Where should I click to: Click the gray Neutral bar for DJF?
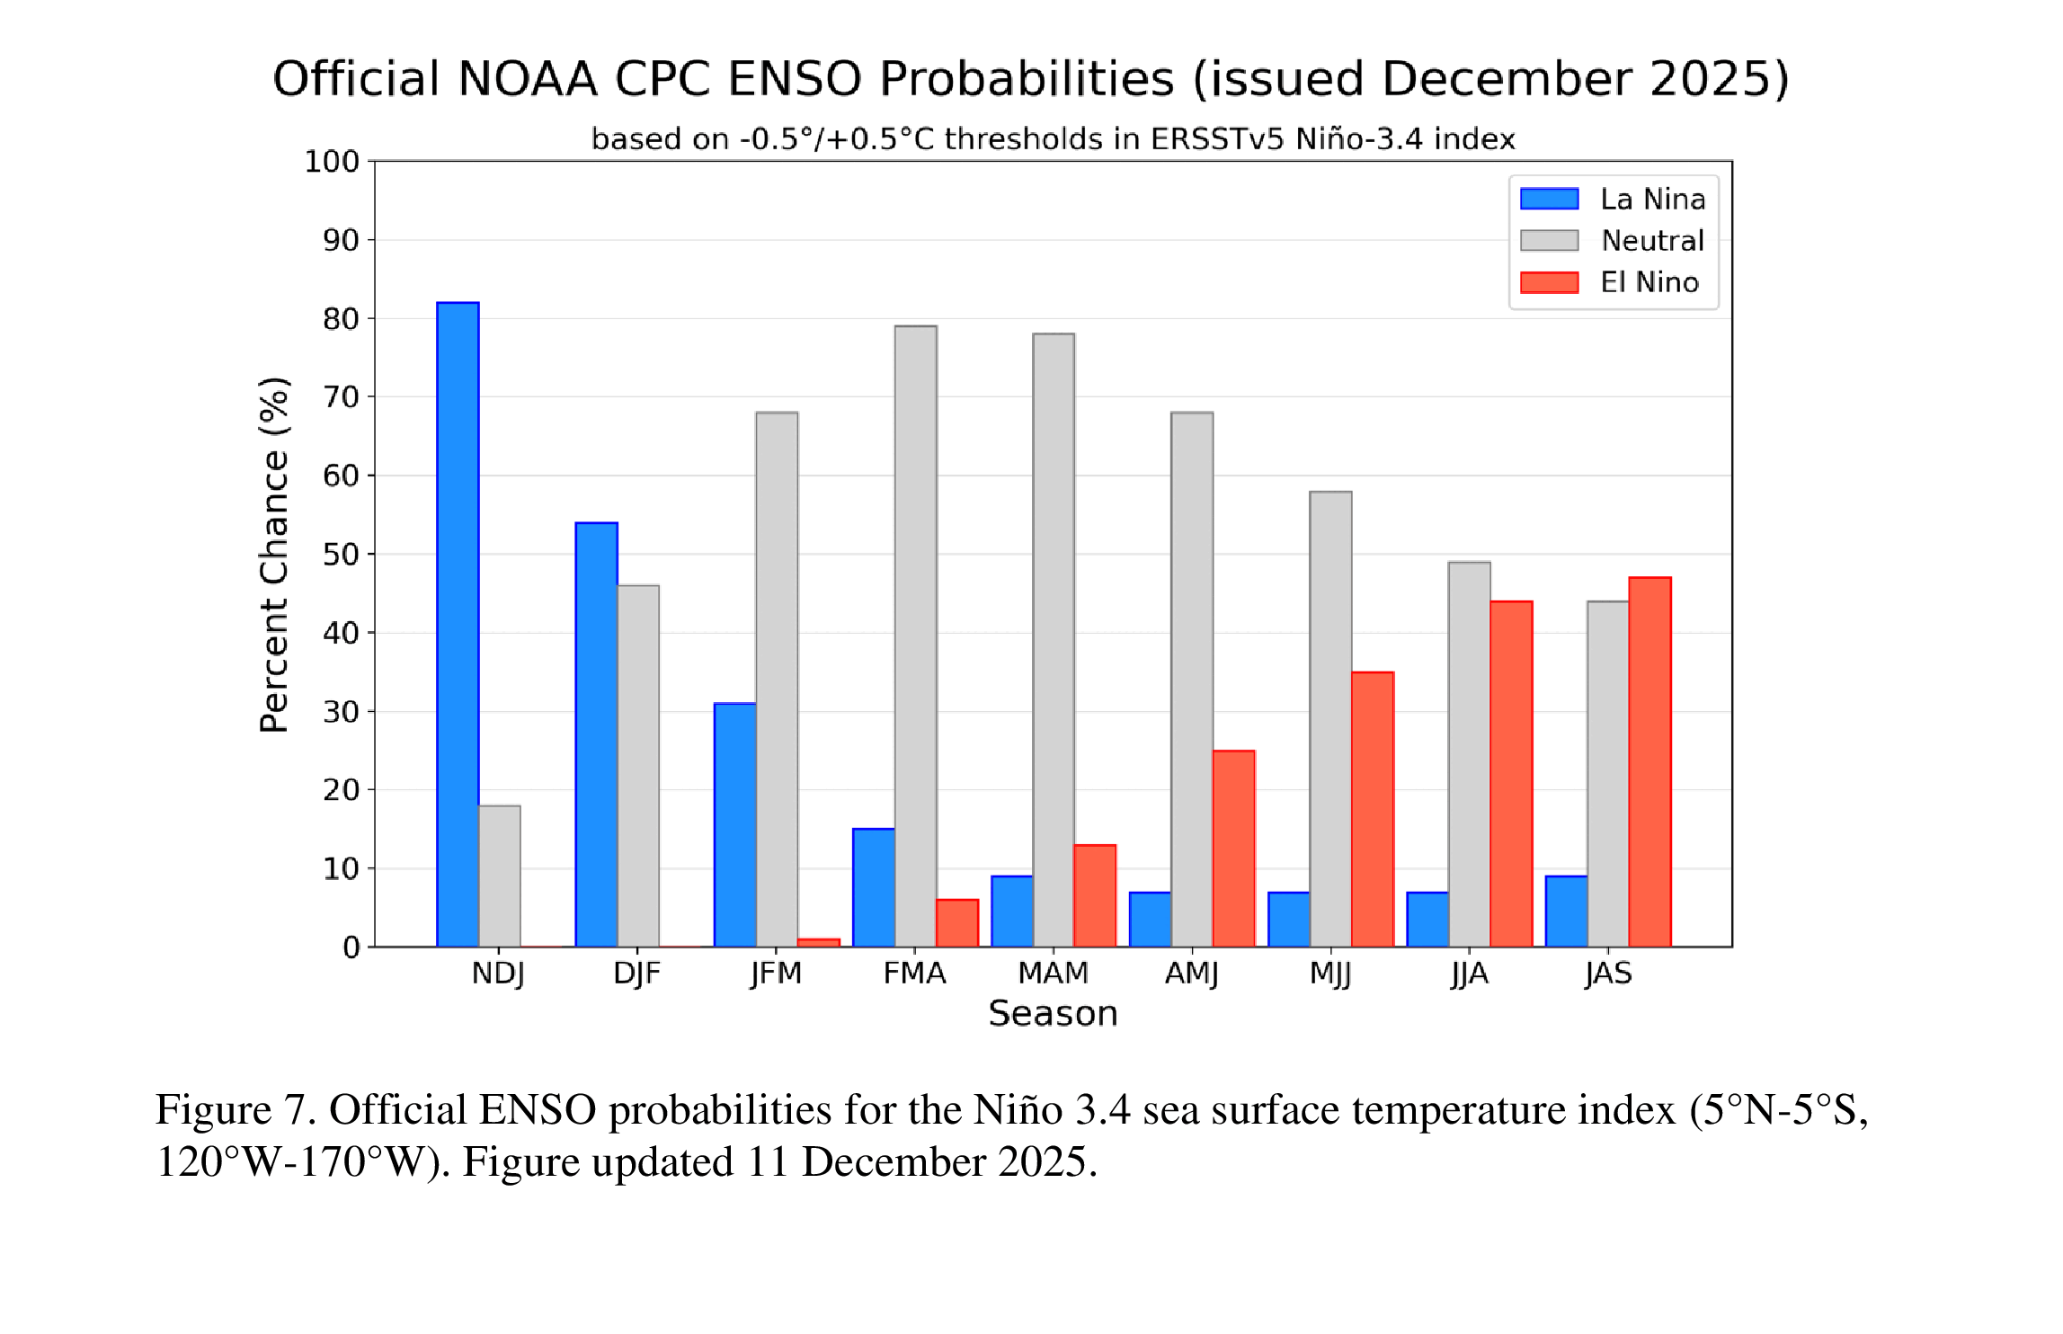click(638, 765)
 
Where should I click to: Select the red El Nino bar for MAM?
click(1095, 895)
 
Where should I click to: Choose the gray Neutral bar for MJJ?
click(1330, 718)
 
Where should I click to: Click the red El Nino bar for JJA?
click(1511, 773)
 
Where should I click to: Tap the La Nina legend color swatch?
click(1549, 199)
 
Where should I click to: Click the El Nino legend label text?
click(1649, 282)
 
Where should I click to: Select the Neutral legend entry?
click(1651, 241)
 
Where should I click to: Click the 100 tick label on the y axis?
click(331, 162)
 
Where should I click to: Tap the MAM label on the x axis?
click(1053, 974)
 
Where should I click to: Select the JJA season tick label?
click(1469, 974)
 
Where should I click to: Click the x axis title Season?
click(1053, 1014)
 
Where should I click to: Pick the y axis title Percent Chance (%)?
click(274, 555)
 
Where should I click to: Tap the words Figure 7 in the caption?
click(235, 1109)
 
